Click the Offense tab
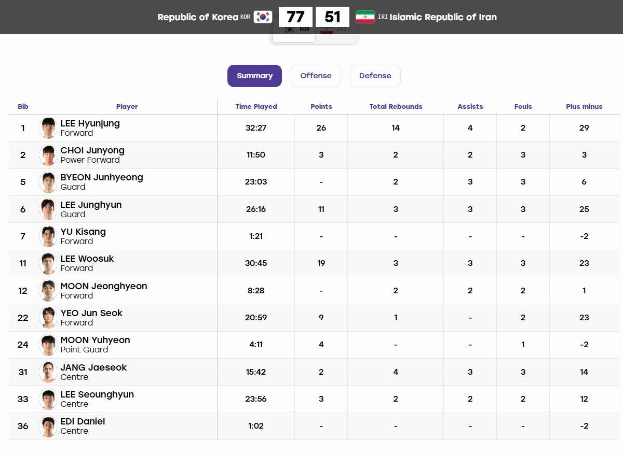(x=316, y=76)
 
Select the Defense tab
(x=375, y=76)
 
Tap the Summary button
(x=254, y=76)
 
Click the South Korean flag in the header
(x=263, y=17)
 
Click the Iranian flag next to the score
(x=365, y=17)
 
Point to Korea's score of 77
(x=295, y=17)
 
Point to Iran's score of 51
(x=332, y=17)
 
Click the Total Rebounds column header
(x=396, y=106)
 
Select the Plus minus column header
(x=584, y=106)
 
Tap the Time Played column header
(x=256, y=106)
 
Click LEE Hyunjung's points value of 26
(x=321, y=127)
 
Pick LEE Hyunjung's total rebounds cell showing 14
(x=396, y=127)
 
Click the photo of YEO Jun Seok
(x=48, y=317)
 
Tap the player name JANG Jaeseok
(x=93, y=367)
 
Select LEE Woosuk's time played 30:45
(x=256, y=263)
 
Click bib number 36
(x=23, y=426)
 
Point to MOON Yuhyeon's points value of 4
(x=321, y=345)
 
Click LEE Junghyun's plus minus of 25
(x=584, y=209)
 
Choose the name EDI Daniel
(x=83, y=421)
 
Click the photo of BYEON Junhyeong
(x=48, y=182)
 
